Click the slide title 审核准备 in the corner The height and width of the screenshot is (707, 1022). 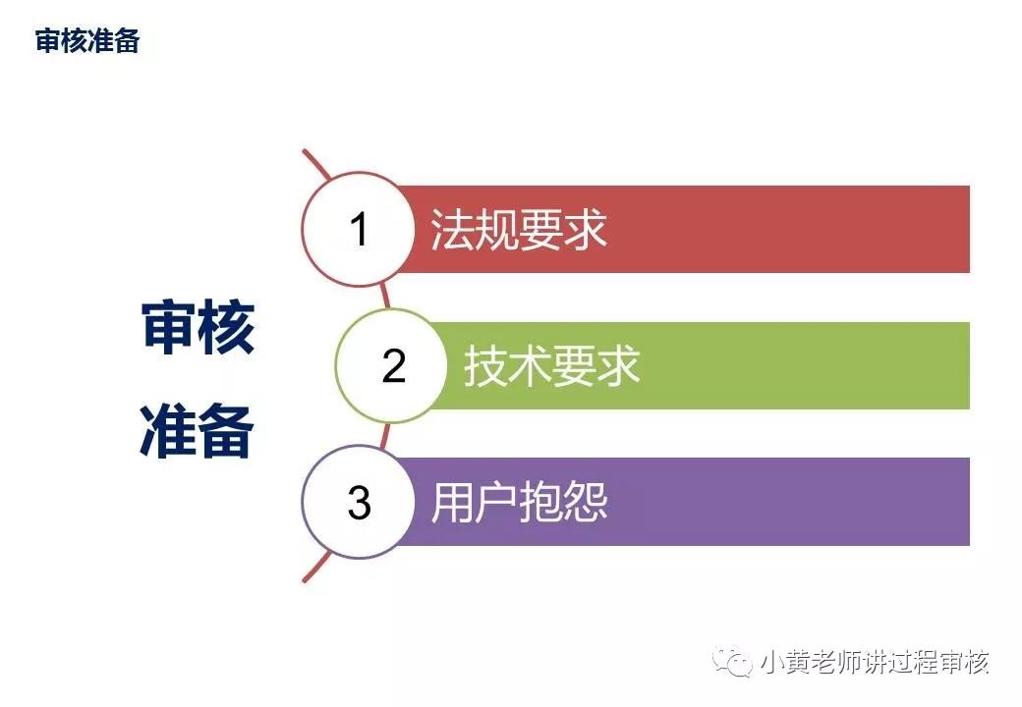pos(87,41)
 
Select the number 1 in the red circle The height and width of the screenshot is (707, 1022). pos(359,230)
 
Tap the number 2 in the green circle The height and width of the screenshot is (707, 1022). pos(393,366)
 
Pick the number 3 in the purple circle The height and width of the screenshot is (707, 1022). pos(359,503)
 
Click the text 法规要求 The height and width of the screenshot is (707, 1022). pos(519,230)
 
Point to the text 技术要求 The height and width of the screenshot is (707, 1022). pos(552,366)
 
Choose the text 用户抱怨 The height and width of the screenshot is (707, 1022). pos(519,503)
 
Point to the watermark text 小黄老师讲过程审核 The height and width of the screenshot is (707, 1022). pos(875,663)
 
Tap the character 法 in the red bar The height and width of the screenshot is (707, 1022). pos(453,230)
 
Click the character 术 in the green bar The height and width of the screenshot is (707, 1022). pos(531,366)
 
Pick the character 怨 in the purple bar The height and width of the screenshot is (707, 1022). pos(587,503)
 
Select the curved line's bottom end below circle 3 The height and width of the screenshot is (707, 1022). pos(306,579)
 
